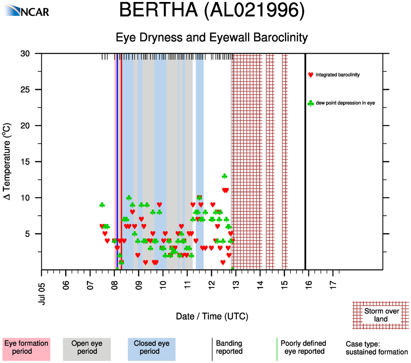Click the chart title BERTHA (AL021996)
212,11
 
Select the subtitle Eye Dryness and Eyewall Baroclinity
212,38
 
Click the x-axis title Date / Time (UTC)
212,317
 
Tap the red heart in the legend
311,75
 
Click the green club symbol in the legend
311,103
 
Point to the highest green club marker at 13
225,176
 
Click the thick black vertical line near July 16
305,161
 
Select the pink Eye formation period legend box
26,347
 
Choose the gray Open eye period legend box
87,347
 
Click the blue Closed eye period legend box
151,347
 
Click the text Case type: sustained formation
376,348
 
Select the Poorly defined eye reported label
303,347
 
